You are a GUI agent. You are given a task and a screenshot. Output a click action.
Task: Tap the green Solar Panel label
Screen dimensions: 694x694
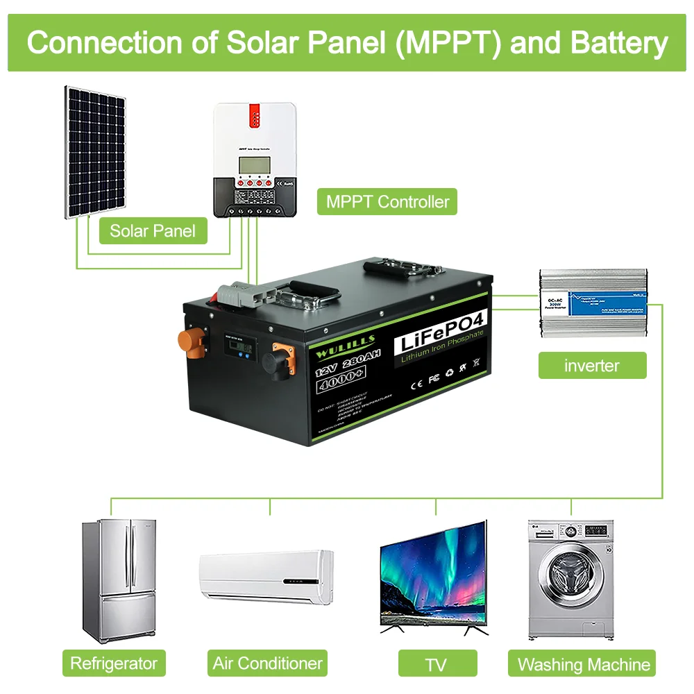(x=153, y=230)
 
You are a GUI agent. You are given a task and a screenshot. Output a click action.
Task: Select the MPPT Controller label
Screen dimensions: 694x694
(x=387, y=202)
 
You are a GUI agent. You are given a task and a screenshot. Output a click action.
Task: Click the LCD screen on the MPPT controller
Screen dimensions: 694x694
(x=253, y=167)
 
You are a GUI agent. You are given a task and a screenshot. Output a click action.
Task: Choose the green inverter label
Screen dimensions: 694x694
(x=592, y=365)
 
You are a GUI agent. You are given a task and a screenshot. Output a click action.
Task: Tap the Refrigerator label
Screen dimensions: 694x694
(x=114, y=663)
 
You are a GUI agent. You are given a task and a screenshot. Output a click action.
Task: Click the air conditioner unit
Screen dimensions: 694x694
(x=266, y=577)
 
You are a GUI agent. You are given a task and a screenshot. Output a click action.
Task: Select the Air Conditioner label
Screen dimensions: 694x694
(x=268, y=663)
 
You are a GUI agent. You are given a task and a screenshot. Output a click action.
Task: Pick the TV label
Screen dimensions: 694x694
(x=436, y=664)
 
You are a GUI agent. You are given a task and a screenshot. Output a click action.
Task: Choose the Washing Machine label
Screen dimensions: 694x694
(x=584, y=664)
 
